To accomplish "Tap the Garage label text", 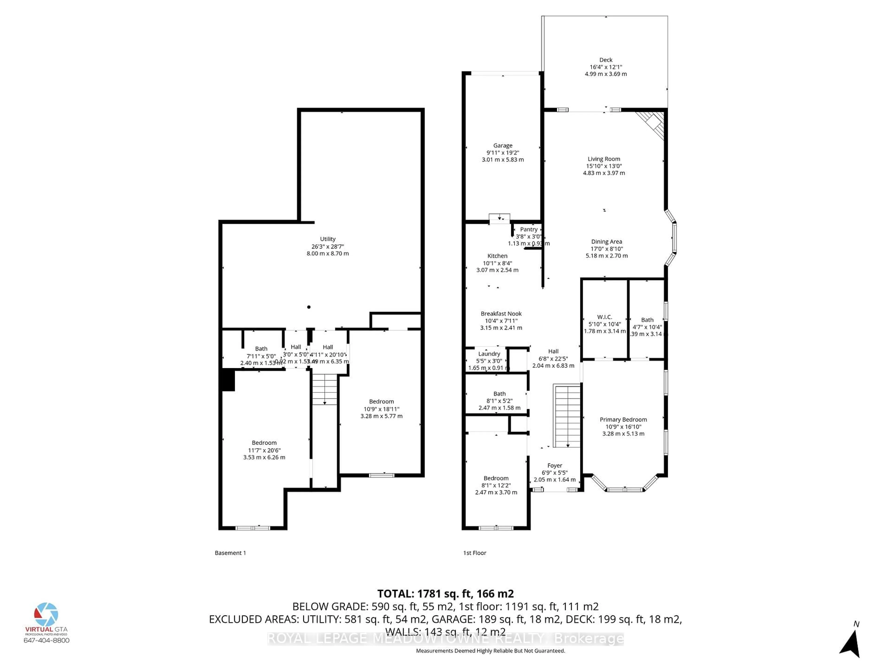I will coord(503,146).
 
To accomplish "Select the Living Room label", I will coord(604,159).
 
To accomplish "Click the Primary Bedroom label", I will coord(623,419).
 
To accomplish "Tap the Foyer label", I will coord(554,465).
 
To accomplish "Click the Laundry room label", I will coord(489,354).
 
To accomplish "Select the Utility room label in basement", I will coord(327,239).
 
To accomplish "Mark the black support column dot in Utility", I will coord(309,307).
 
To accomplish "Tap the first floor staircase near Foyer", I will coord(567,415).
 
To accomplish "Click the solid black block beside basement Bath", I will coord(228,380).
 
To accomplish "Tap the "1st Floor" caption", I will coord(475,553).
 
